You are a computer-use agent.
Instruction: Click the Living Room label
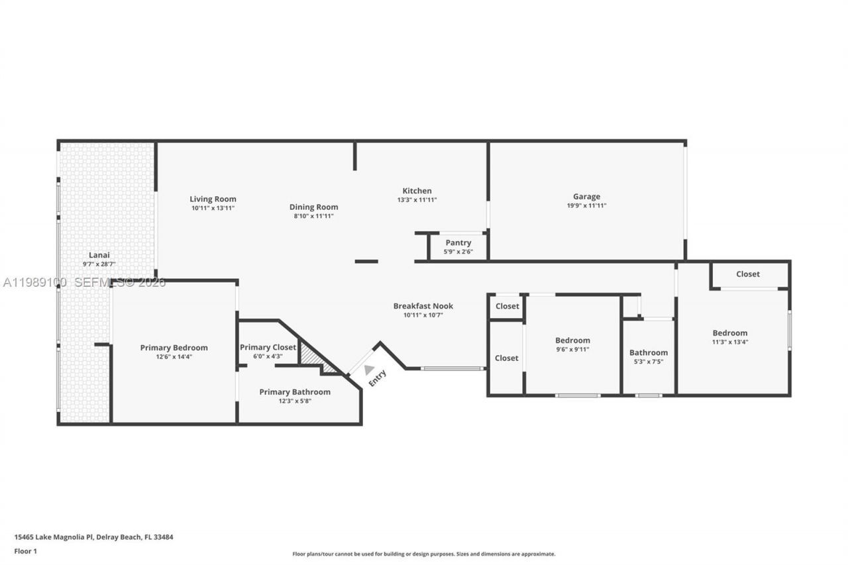(x=213, y=199)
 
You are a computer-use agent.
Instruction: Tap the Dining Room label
(x=313, y=207)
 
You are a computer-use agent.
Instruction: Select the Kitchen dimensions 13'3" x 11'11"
(x=417, y=200)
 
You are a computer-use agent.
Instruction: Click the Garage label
(x=586, y=196)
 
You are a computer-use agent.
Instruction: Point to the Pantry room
(x=458, y=246)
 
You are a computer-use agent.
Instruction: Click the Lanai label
(x=99, y=255)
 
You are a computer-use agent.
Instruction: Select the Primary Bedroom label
(x=174, y=348)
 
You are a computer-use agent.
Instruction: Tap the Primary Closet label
(x=268, y=347)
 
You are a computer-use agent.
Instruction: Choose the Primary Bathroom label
(x=295, y=392)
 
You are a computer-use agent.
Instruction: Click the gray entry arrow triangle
(x=368, y=370)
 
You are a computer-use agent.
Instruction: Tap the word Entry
(x=377, y=378)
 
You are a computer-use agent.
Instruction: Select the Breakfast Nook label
(x=423, y=306)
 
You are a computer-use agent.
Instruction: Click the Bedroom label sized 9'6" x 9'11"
(x=572, y=340)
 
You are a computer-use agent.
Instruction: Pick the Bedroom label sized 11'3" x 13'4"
(x=729, y=333)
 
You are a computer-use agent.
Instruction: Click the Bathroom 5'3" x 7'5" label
(x=648, y=352)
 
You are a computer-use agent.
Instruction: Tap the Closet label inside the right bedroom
(x=748, y=274)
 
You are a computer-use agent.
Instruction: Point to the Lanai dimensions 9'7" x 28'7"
(x=99, y=264)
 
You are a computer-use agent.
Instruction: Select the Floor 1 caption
(x=26, y=551)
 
